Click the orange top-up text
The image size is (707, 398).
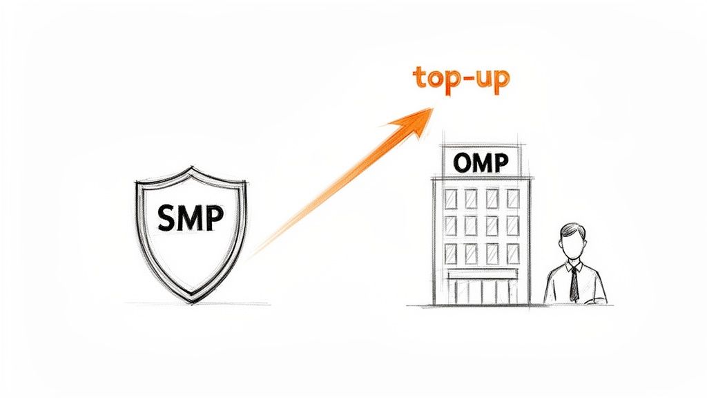[461, 78]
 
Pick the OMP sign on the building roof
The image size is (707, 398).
[481, 162]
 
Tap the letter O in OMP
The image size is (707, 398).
[463, 163]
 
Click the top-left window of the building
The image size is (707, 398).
[451, 199]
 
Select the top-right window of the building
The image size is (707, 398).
[512, 199]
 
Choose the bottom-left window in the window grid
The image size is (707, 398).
[451, 254]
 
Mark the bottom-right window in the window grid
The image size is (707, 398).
[512, 254]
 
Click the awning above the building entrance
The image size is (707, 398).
[482, 275]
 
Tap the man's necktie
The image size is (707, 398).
[574, 284]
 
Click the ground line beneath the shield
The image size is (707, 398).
[197, 303]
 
